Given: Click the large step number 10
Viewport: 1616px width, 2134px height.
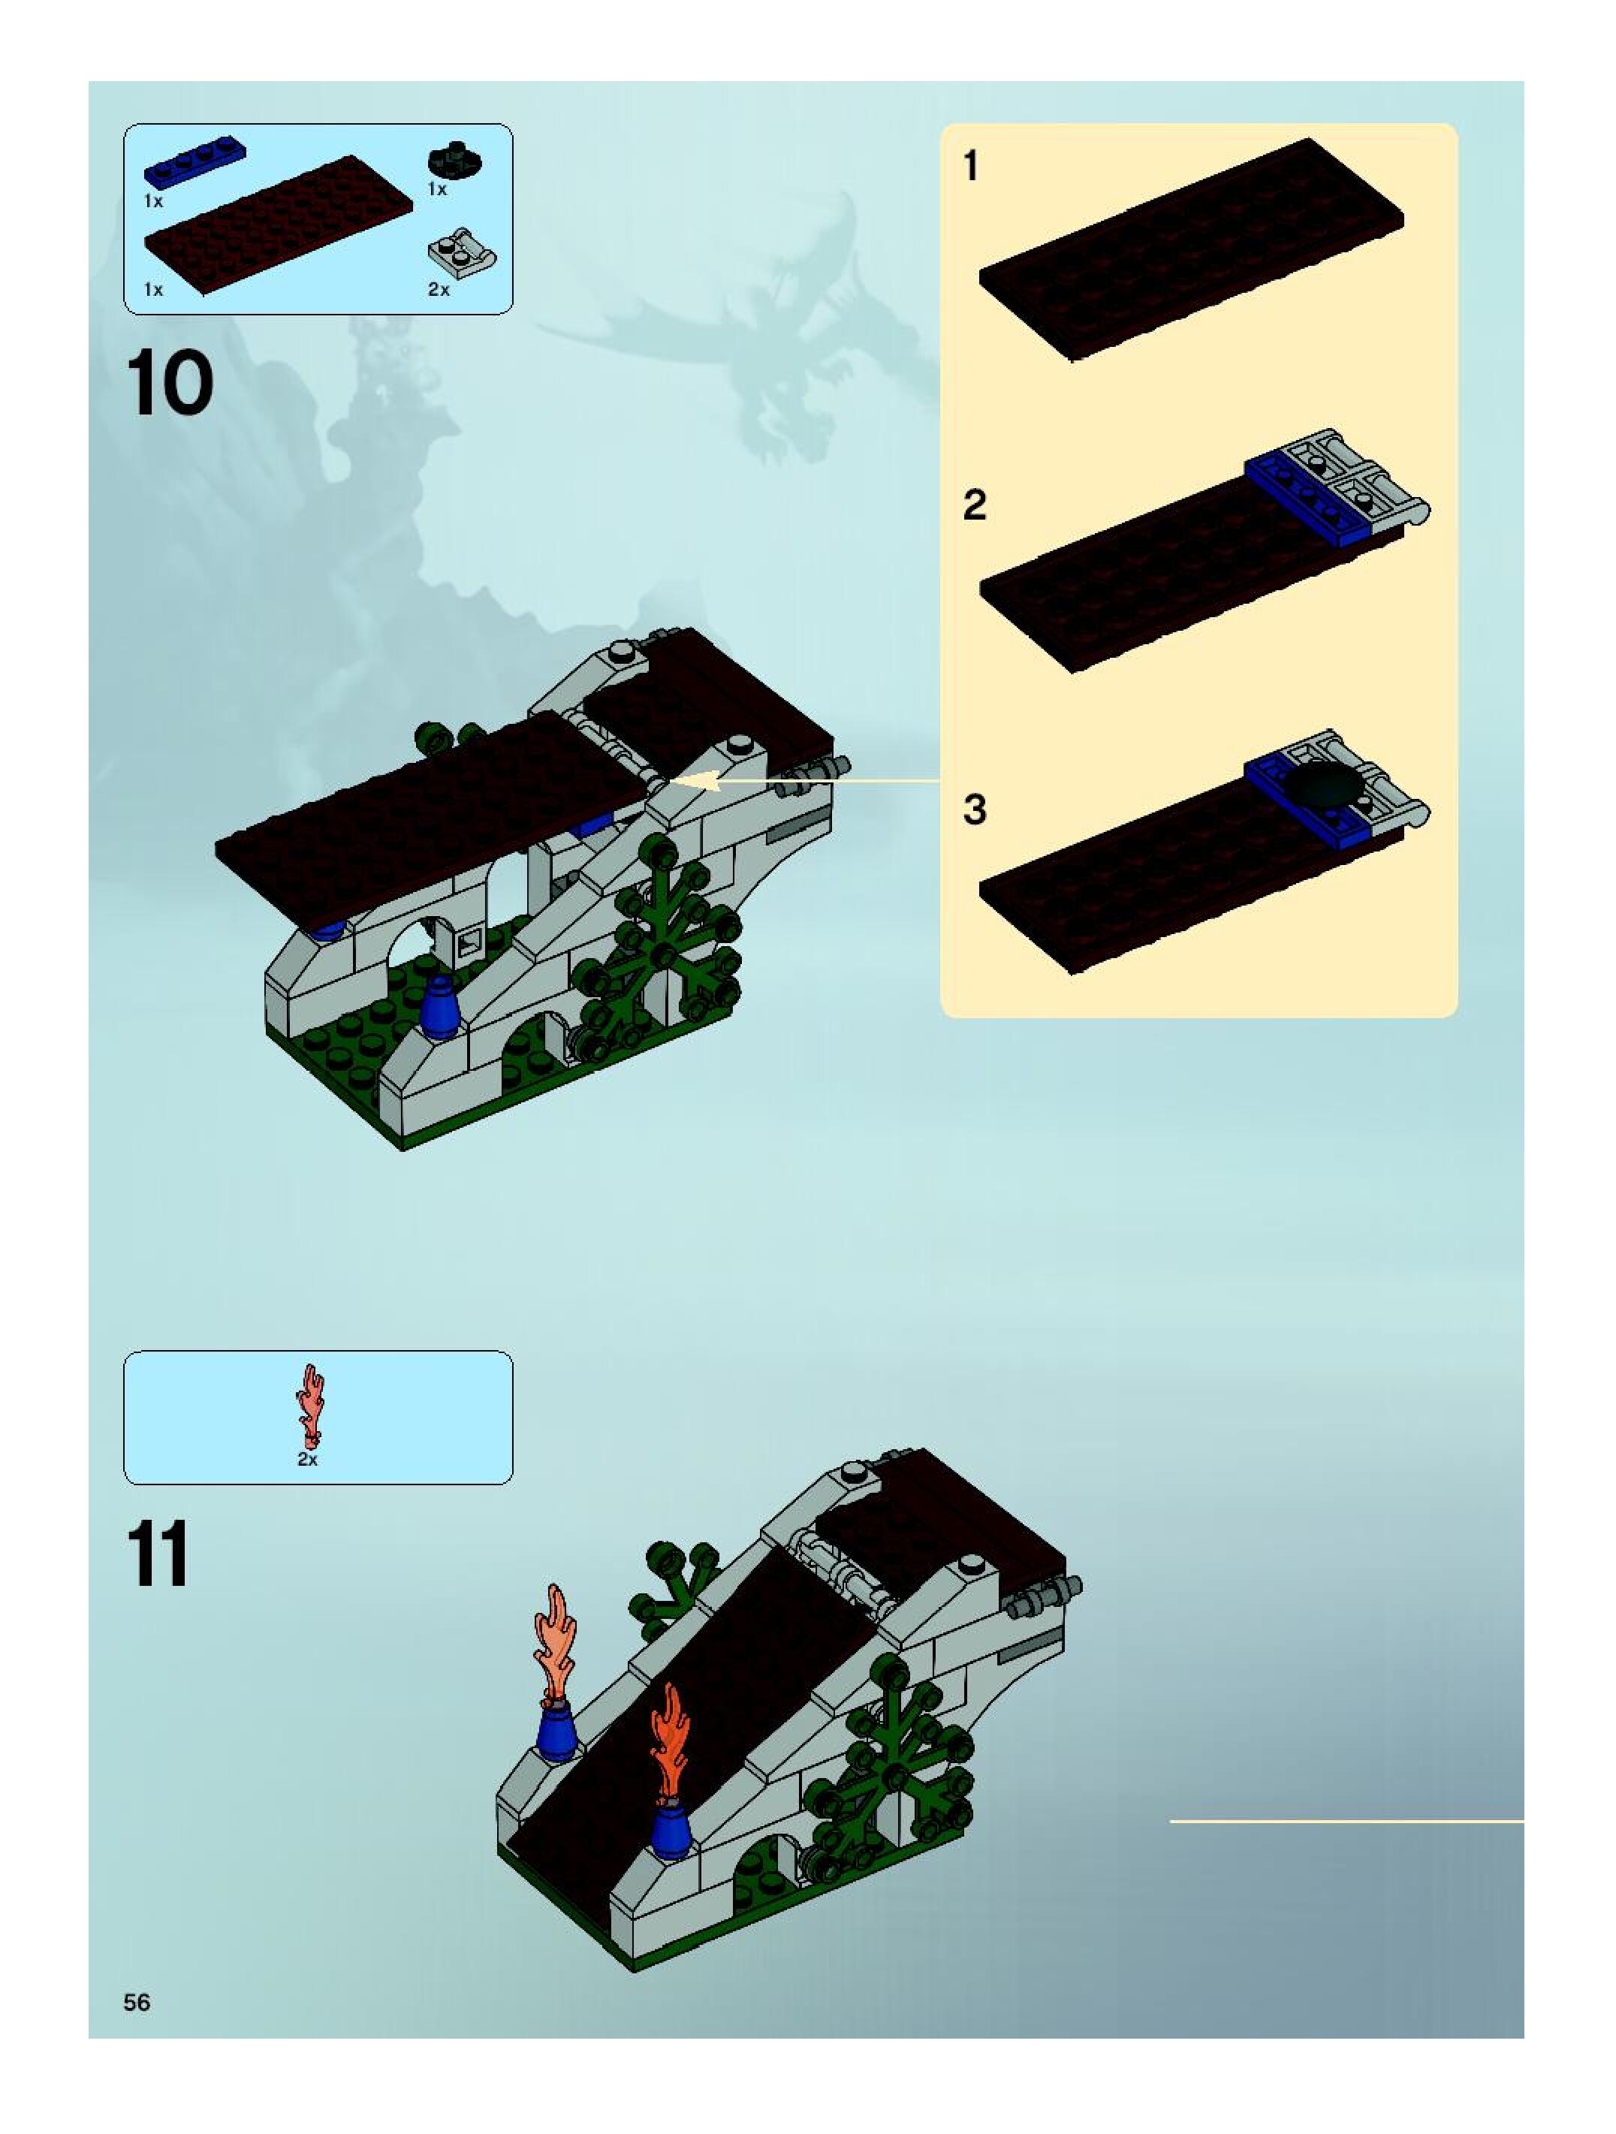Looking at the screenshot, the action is [169, 384].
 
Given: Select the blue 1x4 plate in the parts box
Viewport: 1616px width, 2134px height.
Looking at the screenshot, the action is [195, 163].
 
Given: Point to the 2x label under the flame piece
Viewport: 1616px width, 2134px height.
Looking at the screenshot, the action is [308, 1460].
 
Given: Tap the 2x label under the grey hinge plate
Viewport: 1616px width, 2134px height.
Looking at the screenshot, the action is [439, 289].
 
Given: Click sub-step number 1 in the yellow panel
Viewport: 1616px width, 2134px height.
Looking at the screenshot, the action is [970, 166].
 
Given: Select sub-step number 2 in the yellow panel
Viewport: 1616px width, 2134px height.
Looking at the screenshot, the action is [975, 505].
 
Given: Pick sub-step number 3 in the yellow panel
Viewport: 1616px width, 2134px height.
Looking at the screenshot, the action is [975, 810].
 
